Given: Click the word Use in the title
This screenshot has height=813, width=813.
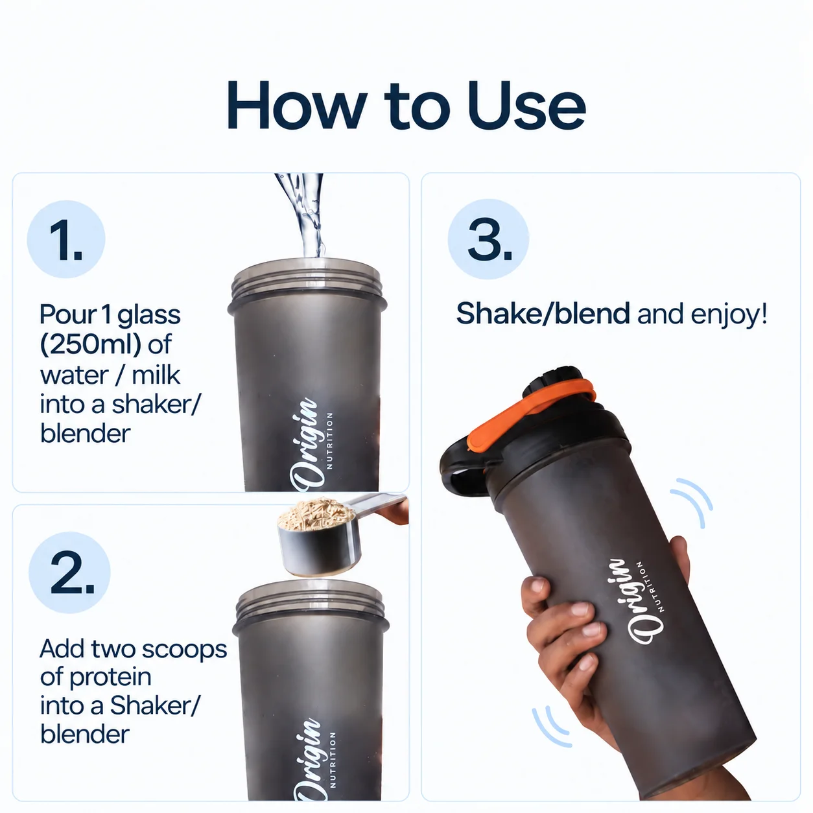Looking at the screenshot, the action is [x=527, y=105].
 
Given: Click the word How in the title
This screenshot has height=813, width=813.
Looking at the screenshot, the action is [x=297, y=105].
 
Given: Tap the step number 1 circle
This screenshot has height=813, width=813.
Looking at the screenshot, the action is [x=66, y=239].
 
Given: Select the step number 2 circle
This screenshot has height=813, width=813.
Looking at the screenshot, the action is [x=69, y=572].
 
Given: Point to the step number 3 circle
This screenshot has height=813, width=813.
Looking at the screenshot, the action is [x=488, y=239].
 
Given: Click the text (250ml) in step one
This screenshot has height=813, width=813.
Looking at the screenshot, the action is [x=90, y=345].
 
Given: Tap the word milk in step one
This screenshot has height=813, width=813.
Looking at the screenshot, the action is [x=156, y=375].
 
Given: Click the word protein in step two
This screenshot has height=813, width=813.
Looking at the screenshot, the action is [x=110, y=678].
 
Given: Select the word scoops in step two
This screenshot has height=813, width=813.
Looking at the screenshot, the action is [x=184, y=650].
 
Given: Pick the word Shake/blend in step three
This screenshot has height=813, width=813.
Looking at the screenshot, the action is [x=543, y=314].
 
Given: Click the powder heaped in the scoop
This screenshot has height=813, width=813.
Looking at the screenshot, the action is [x=316, y=513].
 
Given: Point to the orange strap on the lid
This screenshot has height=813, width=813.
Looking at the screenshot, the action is [x=532, y=414].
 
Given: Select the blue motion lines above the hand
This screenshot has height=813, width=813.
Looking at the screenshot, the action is [x=692, y=502].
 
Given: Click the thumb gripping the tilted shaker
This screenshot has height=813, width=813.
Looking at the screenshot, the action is [x=680, y=558].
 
